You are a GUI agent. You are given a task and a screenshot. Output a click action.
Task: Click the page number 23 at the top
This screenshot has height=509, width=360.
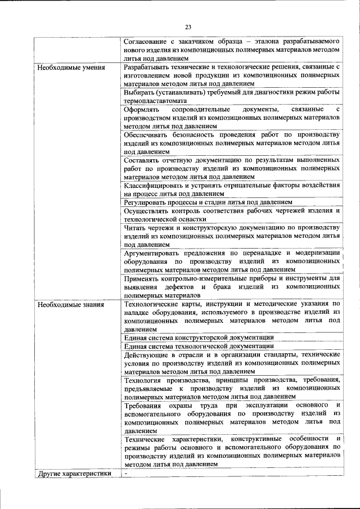pyautogui.click(x=188, y=27)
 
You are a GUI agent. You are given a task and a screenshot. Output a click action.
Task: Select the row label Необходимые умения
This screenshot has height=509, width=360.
pyautogui.click(x=70, y=68)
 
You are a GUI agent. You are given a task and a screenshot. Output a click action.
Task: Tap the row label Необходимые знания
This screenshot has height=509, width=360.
pyautogui.click(x=70, y=305)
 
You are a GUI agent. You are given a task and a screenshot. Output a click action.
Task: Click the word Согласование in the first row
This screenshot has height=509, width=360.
pyautogui.click(x=147, y=42)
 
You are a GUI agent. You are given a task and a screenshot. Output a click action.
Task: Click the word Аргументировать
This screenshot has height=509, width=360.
pyautogui.click(x=154, y=253)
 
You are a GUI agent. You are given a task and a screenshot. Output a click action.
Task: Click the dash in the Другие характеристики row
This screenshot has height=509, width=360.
pyautogui.click(x=127, y=473)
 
